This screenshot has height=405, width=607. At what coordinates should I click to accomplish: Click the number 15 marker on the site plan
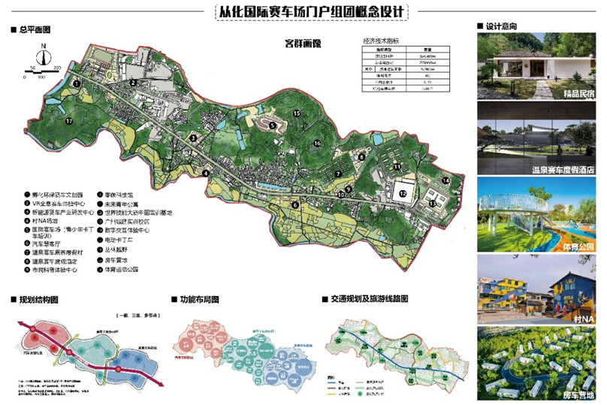click(x=297, y=113)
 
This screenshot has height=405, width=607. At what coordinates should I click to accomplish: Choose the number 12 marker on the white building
click(x=403, y=193)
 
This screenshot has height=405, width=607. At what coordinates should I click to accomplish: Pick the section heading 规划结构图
click(x=38, y=300)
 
